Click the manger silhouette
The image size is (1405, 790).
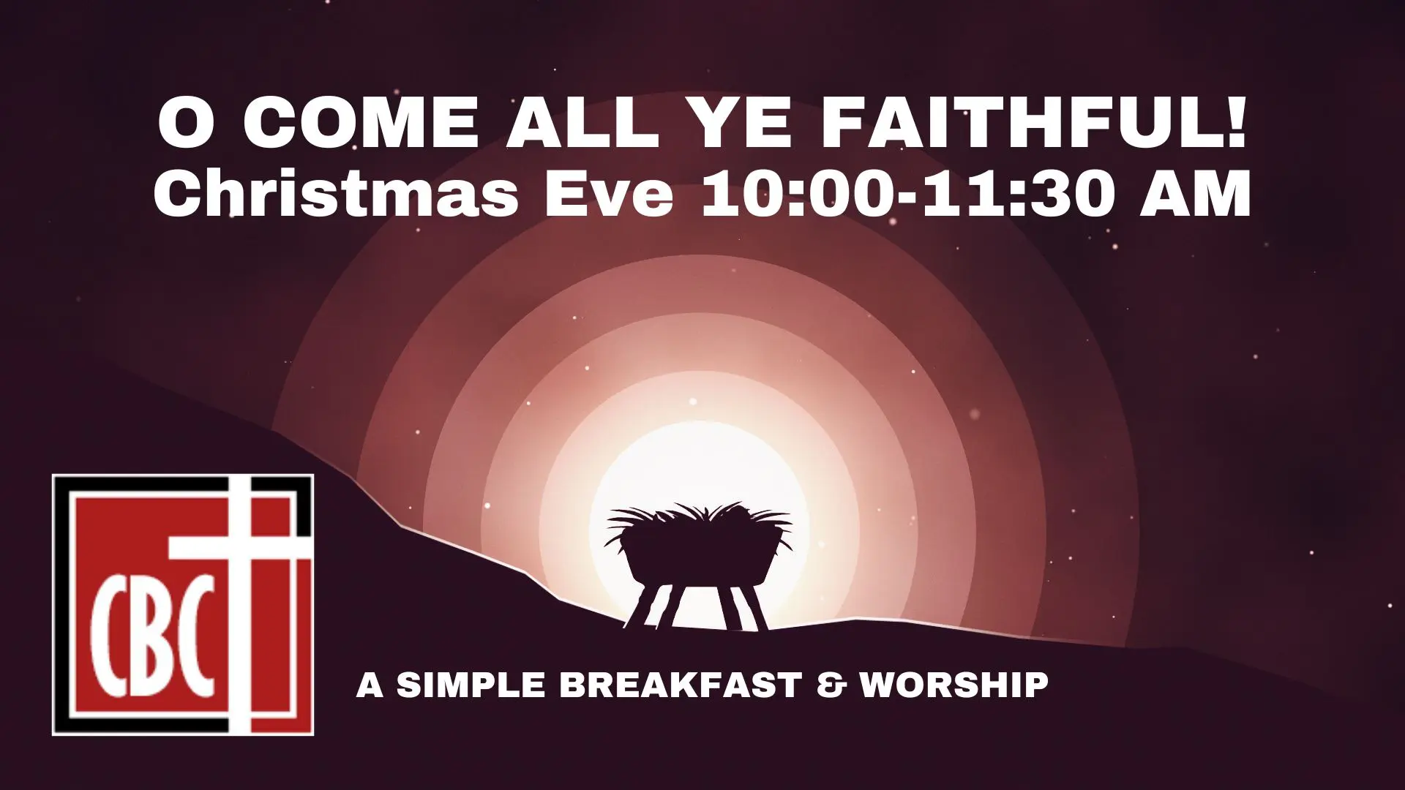pos(699,564)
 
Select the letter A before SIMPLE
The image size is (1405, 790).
pos(370,685)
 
